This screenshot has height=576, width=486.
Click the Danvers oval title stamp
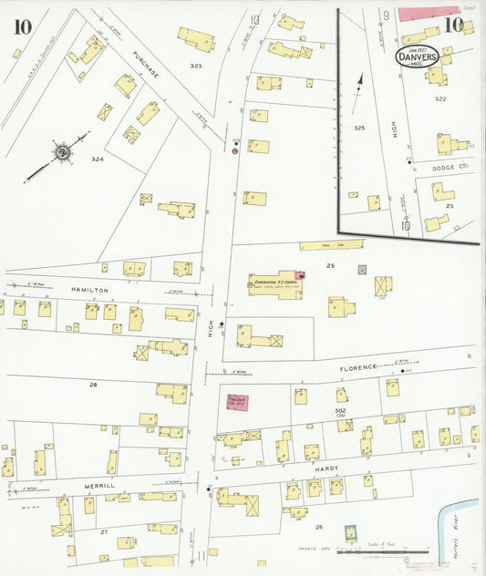click(418, 56)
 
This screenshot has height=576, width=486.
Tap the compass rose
click(61, 152)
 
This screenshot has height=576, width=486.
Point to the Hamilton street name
click(89, 290)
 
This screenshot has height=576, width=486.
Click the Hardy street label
click(327, 468)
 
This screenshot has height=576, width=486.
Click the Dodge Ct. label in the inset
click(450, 166)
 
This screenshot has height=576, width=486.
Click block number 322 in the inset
click(440, 98)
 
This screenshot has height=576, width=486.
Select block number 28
click(93, 385)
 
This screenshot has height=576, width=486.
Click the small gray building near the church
click(363, 270)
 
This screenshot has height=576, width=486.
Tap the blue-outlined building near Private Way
click(348, 533)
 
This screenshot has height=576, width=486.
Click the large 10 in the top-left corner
click(19, 26)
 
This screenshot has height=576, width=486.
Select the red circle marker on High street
click(235, 152)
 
